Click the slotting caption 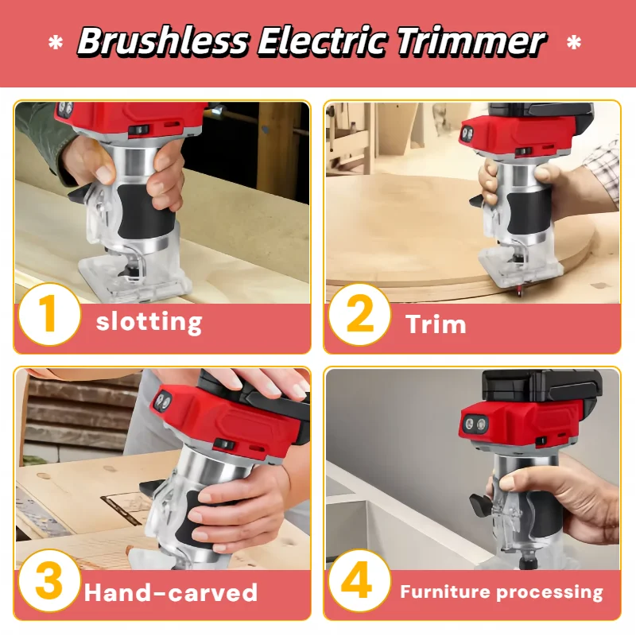click(149, 322)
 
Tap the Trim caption click(436, 324)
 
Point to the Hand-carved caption click(171, 592)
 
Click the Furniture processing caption click(502, 591)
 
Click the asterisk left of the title click(56, 44)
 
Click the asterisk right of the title click(573, 44)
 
